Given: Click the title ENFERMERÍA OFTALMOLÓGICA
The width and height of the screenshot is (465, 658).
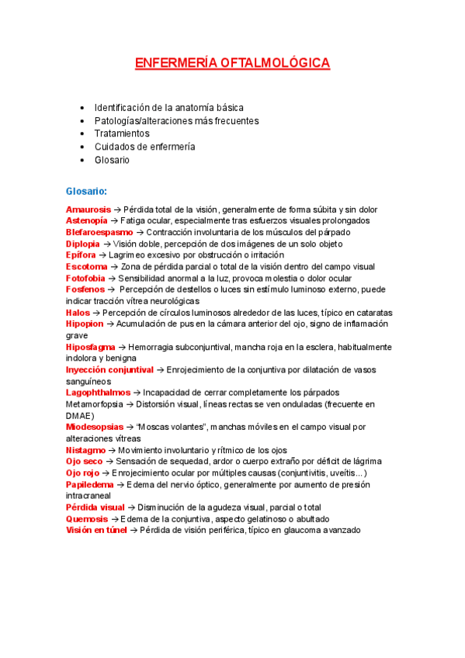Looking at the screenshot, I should (x=232, y=63).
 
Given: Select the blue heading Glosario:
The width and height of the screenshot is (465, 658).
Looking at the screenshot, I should (x=86, y=190).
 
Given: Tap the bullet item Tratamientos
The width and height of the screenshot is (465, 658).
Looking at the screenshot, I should (x=122, y=133).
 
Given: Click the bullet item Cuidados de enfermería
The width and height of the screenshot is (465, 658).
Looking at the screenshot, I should (x=144, y=147).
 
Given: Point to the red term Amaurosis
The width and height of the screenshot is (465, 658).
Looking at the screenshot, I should (x=88, y=210).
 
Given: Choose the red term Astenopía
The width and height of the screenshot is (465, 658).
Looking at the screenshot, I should (x=87, y=220).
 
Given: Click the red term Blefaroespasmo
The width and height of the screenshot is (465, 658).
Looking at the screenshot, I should (x=99, y=232).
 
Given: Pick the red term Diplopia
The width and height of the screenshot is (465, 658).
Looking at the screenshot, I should (x=83, y=244).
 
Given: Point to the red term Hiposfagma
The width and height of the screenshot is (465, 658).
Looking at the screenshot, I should (x=90, y=347).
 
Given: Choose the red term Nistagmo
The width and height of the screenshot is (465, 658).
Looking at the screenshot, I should (x=86, y=450).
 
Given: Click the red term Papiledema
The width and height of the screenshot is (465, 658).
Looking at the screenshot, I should (x=89, y=484).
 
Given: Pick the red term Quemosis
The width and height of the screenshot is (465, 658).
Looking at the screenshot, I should (x=87, y=518).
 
